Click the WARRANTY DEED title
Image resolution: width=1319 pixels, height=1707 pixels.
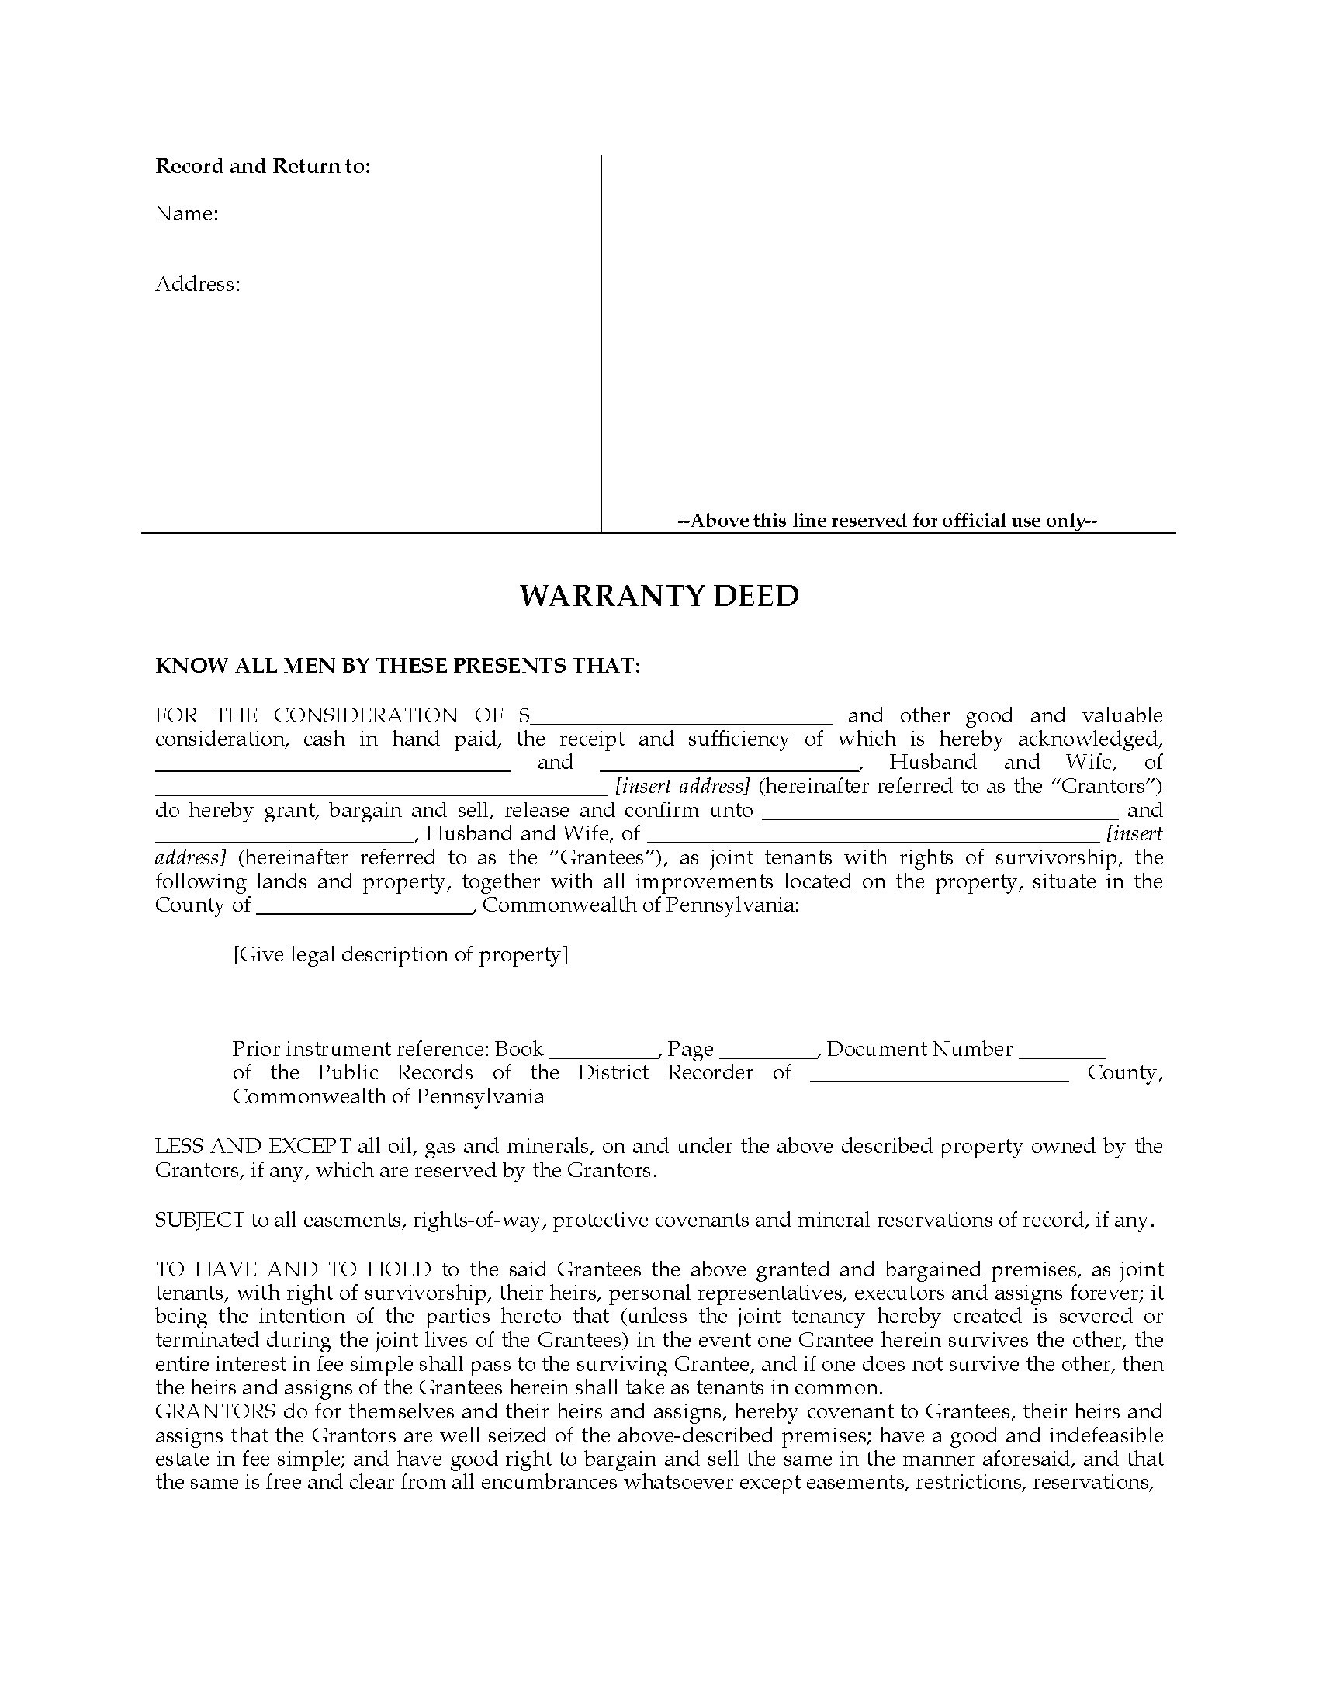point(659,597)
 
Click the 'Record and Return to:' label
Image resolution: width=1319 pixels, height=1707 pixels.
point(262,167)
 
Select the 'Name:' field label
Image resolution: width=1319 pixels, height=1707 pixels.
point(187,214)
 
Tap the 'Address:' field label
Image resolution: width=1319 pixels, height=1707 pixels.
point(198,284)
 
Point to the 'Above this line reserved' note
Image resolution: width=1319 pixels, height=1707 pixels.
point(888,521)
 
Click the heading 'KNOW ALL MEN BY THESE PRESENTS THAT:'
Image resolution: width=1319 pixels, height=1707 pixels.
point(398,666)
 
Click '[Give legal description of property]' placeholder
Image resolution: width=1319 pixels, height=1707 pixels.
point(401,955)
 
